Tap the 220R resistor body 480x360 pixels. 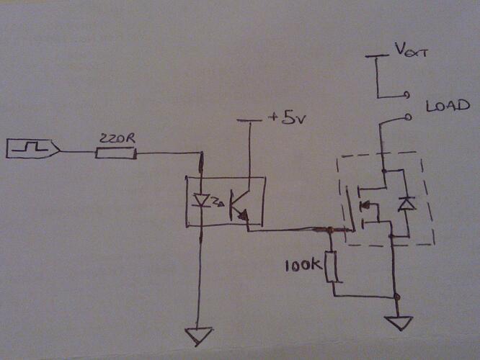pos(115,152)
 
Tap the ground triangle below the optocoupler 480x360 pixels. pos(199,336)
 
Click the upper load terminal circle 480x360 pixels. pos(408,94)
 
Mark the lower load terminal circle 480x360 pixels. pos(408,117)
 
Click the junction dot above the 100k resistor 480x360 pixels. pos(330,230)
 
